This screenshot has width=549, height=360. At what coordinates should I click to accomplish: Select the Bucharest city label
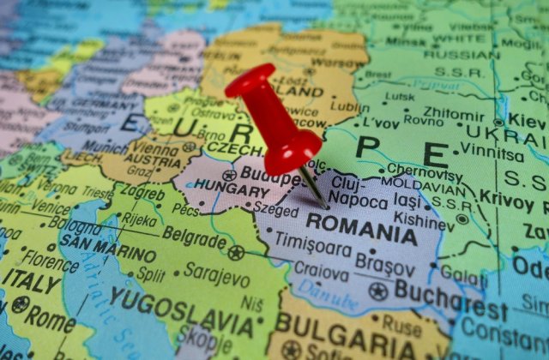(x=450, y=297)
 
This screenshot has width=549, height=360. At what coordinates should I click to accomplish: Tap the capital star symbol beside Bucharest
(x=377, y=291)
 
